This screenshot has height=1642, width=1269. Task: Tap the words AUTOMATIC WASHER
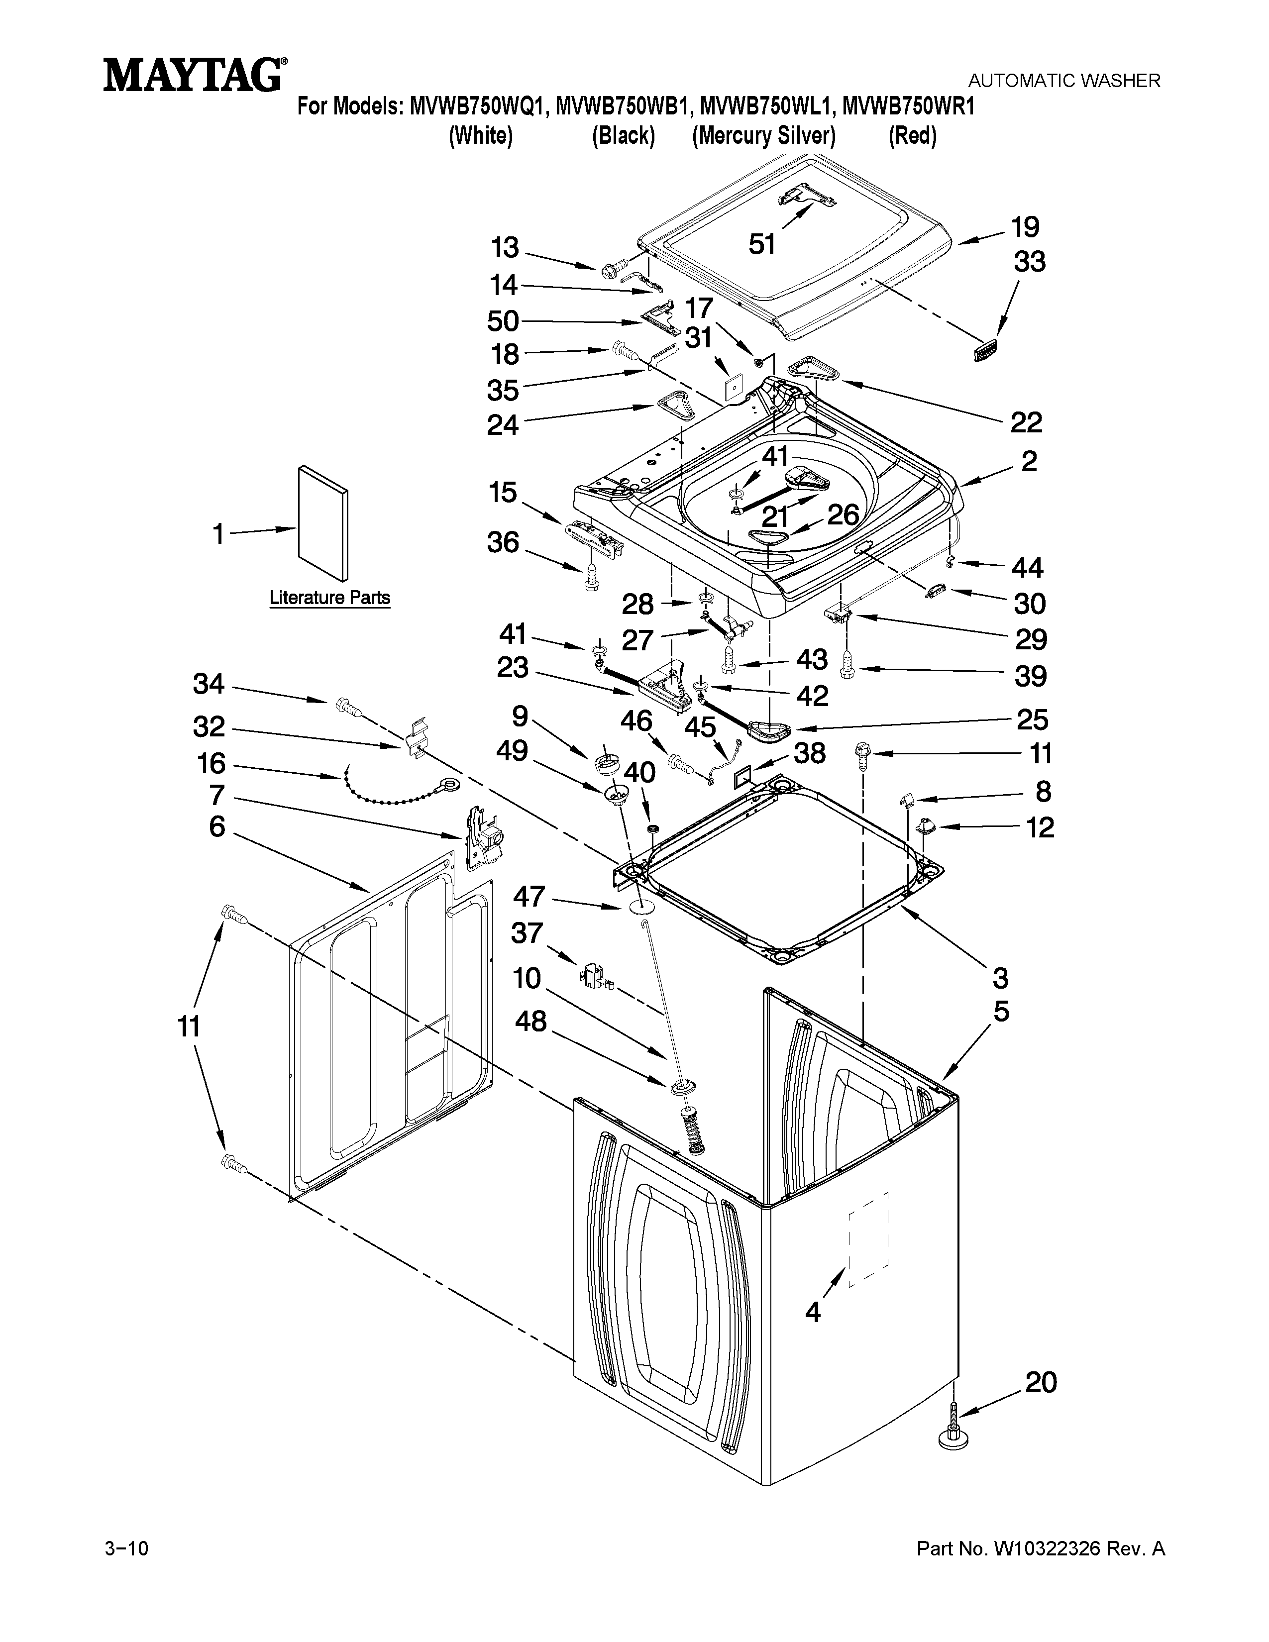[x=1064, y=81]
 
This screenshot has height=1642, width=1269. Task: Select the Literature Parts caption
[x=330, y=598]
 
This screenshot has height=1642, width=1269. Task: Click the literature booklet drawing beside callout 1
[x=323, y=523]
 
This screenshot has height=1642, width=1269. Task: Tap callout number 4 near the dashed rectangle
[x=813, y=1313]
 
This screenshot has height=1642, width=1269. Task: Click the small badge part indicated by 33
[x=985, y=350]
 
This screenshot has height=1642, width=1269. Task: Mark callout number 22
[x=1026, y=423]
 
